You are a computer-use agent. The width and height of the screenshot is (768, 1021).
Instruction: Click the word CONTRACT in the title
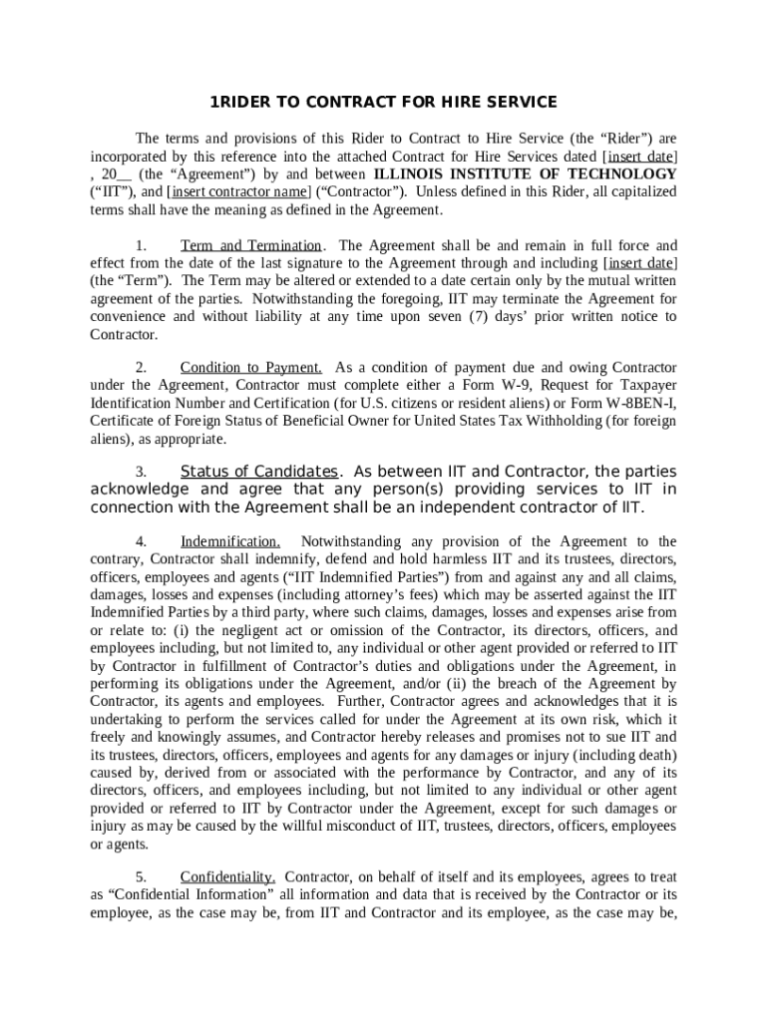point(342,103)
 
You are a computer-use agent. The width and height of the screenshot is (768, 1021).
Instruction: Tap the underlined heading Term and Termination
point(250,245)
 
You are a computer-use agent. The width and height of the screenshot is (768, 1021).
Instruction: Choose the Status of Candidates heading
point(259,472)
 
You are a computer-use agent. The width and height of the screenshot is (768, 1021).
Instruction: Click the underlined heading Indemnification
point(229,541)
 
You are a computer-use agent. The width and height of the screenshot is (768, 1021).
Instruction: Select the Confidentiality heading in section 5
point(228,877)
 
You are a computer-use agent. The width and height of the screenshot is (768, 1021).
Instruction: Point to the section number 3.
point(142,472)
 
